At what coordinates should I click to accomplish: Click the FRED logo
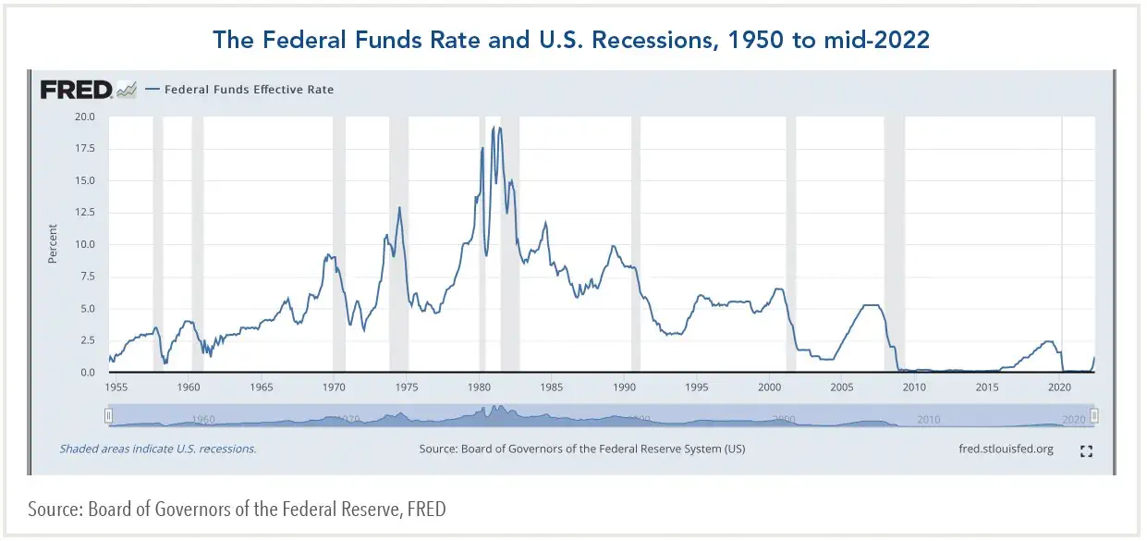tap(77, 90)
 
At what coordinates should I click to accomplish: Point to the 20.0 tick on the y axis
tap(85, 117)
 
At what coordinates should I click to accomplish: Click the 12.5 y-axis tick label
tap(85, 212)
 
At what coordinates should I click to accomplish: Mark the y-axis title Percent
tap(53, 244)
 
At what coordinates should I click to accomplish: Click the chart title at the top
tap(571, 40)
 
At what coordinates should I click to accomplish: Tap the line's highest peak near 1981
tap(499, 128)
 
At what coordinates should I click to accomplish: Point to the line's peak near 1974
tap(399, 207)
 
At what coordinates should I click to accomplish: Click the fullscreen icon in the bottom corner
tap(1087, 450)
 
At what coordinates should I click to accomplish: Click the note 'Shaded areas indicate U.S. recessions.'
tap(158, 449)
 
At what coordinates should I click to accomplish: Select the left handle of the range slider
tap(109, 416)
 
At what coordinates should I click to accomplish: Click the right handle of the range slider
tap(1093, 416)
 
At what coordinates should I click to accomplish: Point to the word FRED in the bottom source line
tap(428, 510)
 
